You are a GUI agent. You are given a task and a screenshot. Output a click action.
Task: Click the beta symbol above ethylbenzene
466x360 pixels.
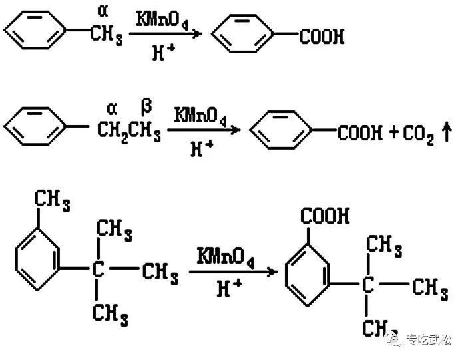pos(147,105)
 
